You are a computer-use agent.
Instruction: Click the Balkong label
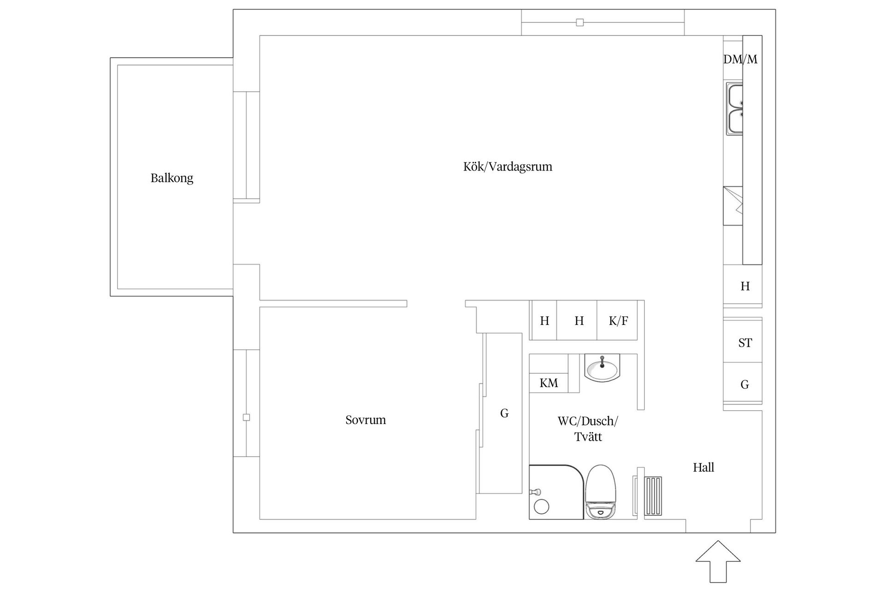click(x=171, y=178)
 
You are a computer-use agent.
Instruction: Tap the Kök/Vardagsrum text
click(x=507, y=166)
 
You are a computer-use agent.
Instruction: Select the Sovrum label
click(x=366, y=420)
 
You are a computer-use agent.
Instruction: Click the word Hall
click(x=703, y=467)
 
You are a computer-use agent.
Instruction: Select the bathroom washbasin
click(x=602, y=368)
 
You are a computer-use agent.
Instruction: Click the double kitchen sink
click(x=735, y=109)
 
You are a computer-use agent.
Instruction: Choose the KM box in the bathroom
click(x=549, y=383)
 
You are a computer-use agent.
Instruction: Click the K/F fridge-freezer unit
click(x=618, y=321)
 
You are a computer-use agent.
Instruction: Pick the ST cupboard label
click(x=745, y=343)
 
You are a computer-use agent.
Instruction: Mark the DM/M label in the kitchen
click(x=740, y=59)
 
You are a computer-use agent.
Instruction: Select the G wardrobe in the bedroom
click(x=504, y=413)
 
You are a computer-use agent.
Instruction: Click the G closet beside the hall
click(x=744, y=384)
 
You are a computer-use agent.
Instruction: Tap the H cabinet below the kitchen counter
click(x=745, y=286)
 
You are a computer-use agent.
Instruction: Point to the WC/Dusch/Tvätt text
click(x=588, y=429)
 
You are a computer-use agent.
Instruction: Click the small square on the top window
click(x=580, y=22)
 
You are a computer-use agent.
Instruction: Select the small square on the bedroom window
click(x=246, y=417)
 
